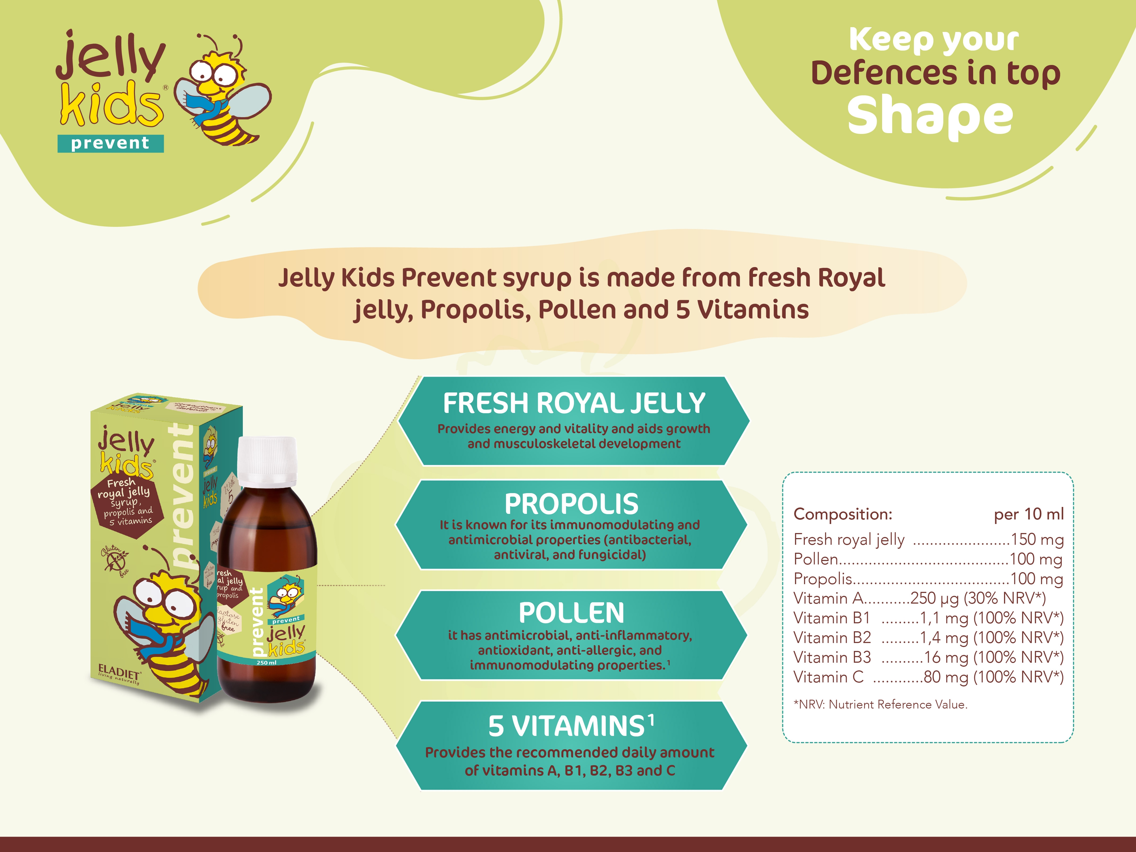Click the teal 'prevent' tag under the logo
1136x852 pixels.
(x=110, y=143)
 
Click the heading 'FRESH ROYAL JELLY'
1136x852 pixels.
(x=574, y=403)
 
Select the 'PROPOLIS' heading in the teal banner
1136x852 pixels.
(x=571, y=504)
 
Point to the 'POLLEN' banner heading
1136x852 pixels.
(x=571, y=613)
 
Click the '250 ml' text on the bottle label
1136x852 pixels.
(x=267, y=663)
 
